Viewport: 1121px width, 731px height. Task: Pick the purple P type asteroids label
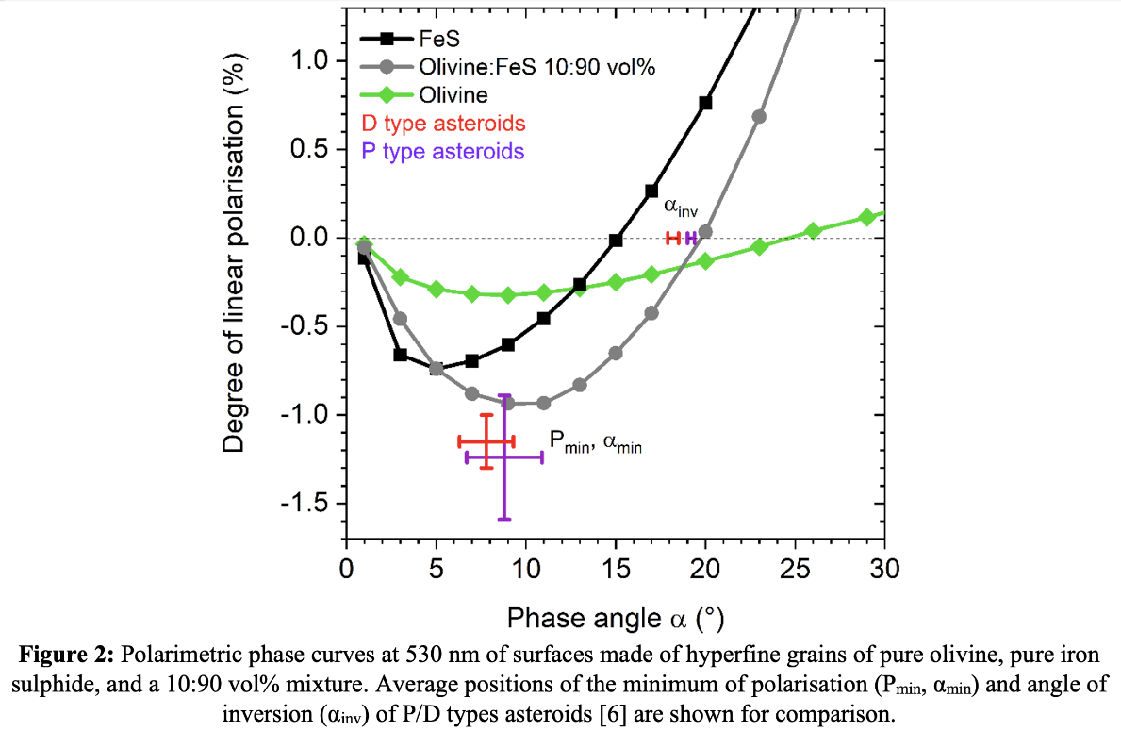(x=442, y=151)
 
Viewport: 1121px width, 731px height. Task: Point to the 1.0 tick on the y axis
(x=310, y=61)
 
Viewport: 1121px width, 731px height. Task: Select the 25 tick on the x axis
(x=795, y=570)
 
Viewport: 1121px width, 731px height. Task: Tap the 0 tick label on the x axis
(x=346, y=570)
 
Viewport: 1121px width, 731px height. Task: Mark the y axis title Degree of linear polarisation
(x=235, y=253)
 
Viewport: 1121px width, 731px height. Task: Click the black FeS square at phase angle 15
(x=616, y=241)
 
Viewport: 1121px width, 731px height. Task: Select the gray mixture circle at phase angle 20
(x=705, y=231)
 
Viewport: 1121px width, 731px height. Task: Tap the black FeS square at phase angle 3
(x=400, y=355)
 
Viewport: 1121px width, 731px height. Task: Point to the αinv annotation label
(x=680, y=208)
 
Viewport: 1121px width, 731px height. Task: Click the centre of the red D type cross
(x=486, y=441)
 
